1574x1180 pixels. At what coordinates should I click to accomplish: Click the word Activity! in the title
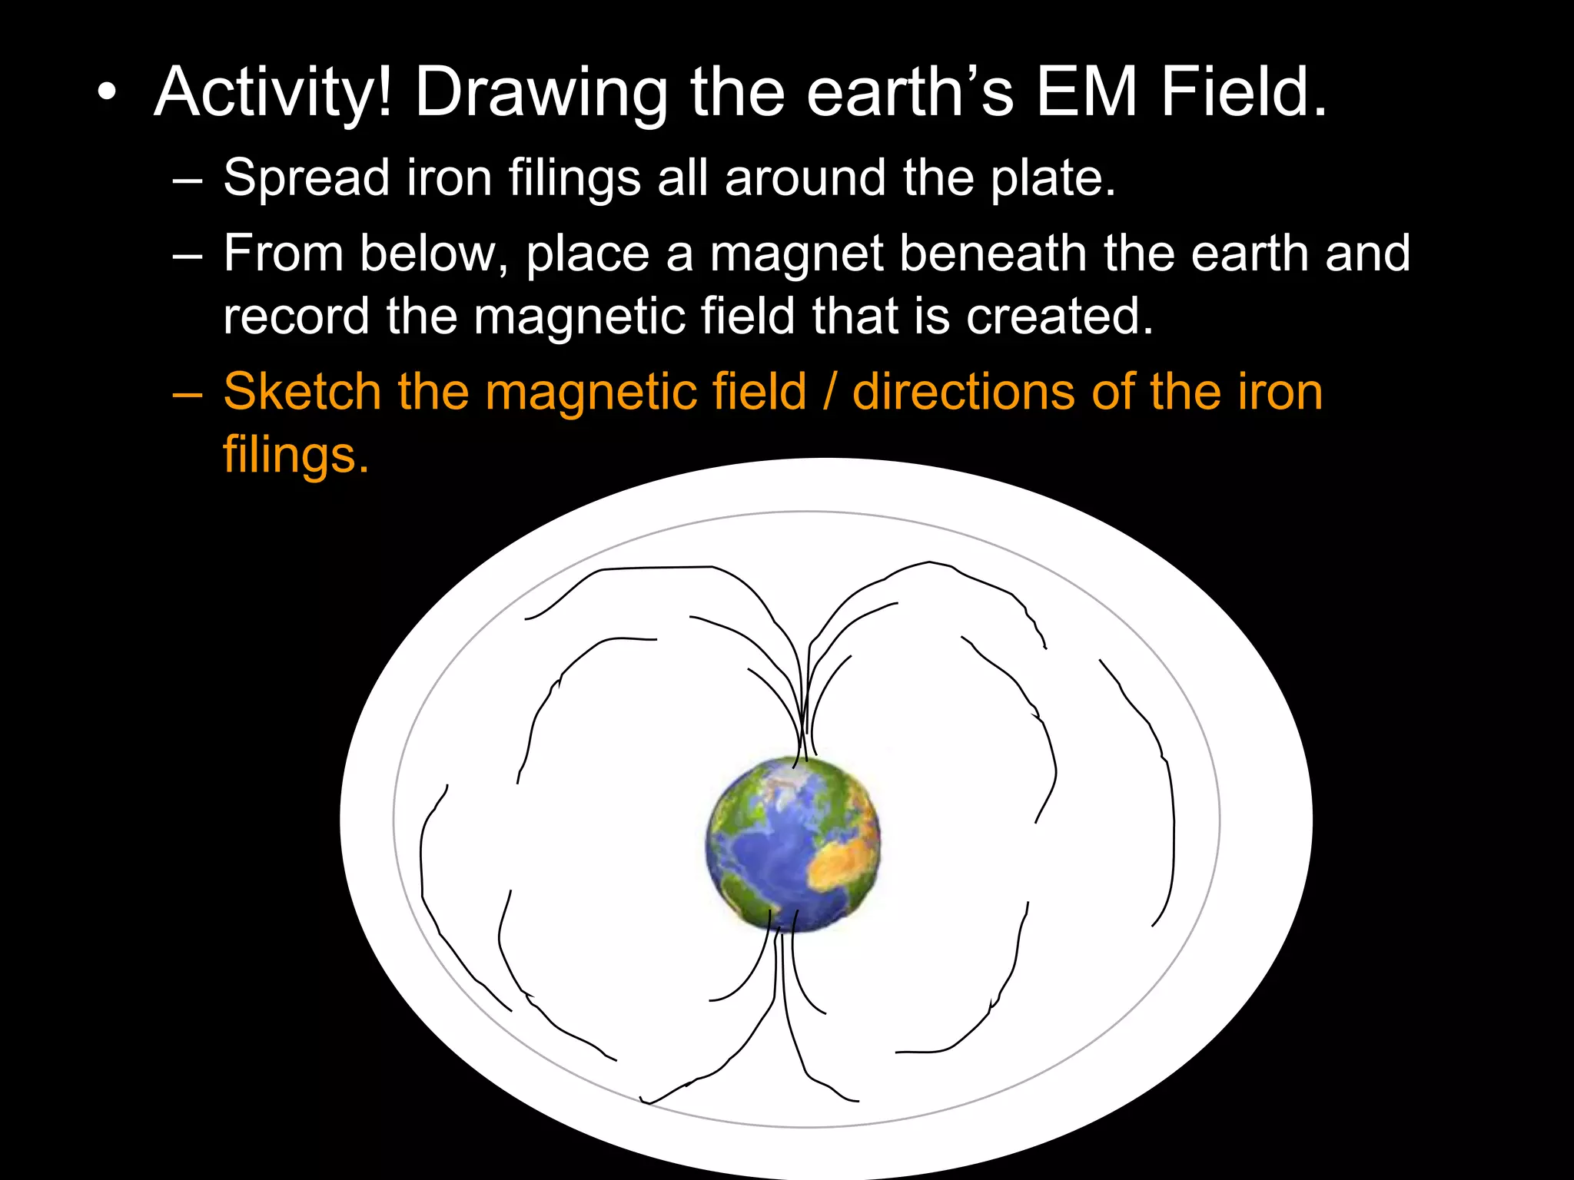274,94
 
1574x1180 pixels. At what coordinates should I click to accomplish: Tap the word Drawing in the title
541,94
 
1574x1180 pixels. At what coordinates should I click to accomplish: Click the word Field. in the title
1244,92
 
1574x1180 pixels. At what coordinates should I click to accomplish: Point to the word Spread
307,178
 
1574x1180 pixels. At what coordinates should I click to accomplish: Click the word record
297,317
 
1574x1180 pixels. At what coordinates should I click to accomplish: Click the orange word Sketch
302,392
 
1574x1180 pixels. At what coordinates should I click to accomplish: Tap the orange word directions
964,392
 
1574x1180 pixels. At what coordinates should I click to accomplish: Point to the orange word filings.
296,455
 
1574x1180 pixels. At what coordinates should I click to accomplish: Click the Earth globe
793,844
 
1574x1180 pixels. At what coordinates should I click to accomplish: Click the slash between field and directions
829,392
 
